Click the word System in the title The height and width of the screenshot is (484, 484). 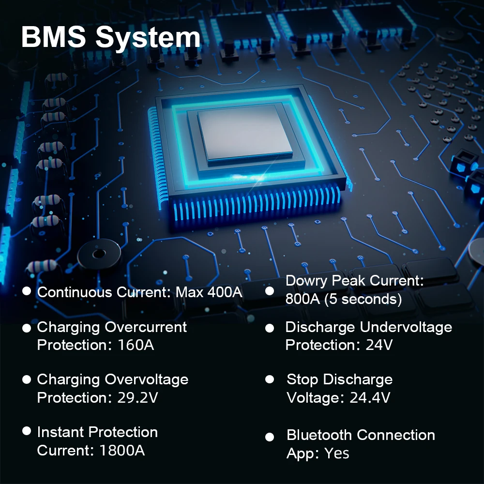[x=148, y=38]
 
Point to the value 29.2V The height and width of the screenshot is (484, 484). [x=138, y=397]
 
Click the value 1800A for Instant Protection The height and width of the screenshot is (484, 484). [x=122, y=450]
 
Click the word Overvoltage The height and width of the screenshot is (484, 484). [x=147, y=379]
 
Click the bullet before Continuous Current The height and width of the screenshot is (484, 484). [x=27, y=291]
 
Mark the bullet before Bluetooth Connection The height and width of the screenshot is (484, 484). [x=270, y=437]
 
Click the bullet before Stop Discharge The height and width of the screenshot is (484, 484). [x=270, y=379]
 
